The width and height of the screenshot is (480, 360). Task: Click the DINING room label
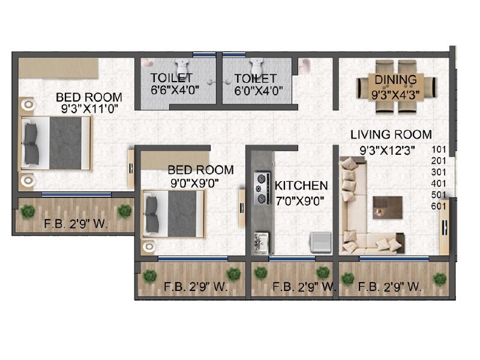tap(395, 80)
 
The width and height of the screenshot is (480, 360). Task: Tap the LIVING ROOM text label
tap(391, 135)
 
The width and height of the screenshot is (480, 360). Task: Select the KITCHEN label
tap(301, 186)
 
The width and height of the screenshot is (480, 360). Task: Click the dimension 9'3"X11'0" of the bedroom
tap(89, 109)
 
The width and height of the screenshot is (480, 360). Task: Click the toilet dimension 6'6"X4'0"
tap(172, 91)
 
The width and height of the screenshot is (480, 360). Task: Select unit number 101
tap(440, 150)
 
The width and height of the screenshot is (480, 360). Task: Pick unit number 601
tap(440, 206)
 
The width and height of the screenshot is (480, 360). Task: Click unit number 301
tap(440, 173)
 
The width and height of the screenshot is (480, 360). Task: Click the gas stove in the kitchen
tap(262, 187)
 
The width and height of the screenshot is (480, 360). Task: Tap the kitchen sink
tap(260, 243)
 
